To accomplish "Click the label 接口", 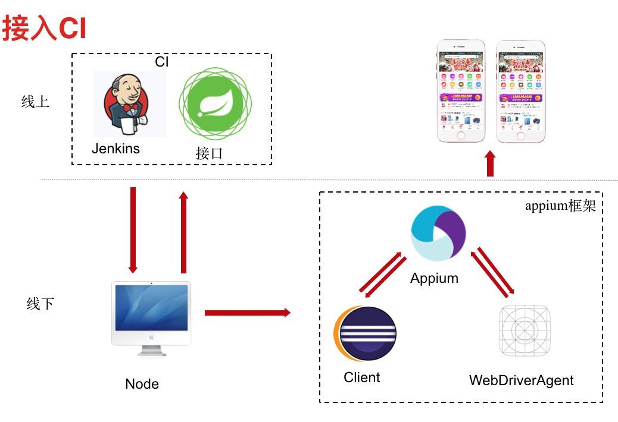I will [209, 153].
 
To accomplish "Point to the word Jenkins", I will [116, 149].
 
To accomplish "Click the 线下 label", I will [40, 304].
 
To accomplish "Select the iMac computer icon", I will [151, 319].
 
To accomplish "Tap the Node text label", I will [142, 384].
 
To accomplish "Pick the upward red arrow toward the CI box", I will [183, 232].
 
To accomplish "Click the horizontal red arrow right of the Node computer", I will [247, 313].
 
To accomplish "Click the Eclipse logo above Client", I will [365, 333].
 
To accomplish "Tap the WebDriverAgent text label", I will [521, 380].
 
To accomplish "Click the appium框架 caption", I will [560, 206].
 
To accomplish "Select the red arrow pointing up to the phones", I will [490, 163].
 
